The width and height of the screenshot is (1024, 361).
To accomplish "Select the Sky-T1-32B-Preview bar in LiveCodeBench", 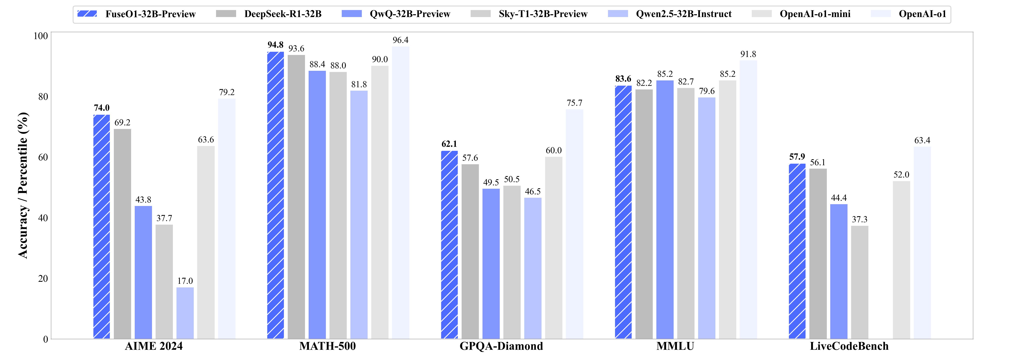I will [x=859, y=282].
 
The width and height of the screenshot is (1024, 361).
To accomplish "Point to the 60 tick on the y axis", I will [x=43, y=157].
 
